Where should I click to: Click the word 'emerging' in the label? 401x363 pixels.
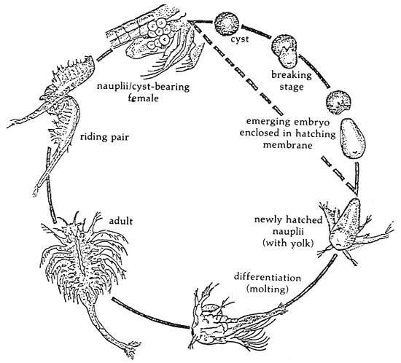[265, 122]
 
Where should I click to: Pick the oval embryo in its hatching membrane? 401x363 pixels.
[354, 141]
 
